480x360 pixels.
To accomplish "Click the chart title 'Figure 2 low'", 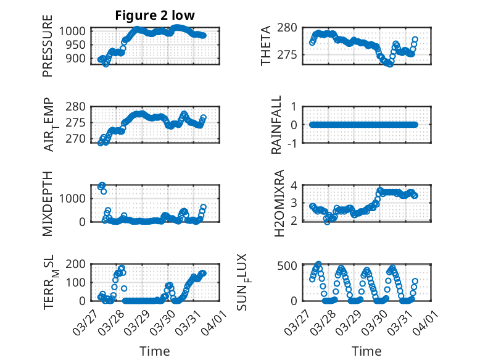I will click(x=155, y=16).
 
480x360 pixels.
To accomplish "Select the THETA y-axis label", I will click(x=266, y=46).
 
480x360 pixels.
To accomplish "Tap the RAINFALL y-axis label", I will click(x=277, y=125).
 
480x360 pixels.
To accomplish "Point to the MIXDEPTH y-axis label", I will click(x=48, y=203).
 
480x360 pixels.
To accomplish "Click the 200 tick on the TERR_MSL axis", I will click(x=77, y=264).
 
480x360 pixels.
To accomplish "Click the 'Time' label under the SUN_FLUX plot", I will click(x=366, y=351).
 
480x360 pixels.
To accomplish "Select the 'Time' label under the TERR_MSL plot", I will click(x=155, y=351).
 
